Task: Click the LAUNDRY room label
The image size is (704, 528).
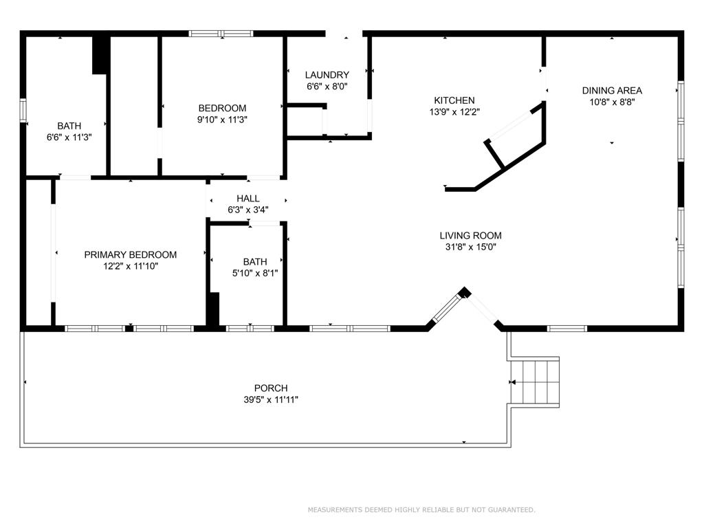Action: (x=327, y=75)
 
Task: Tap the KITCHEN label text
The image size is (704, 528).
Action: (x=454, y=100)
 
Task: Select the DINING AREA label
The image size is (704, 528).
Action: (x=612, y=91)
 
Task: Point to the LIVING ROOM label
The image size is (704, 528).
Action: (x=470, y=236)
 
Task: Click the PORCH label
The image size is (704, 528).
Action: (x=271, y=388)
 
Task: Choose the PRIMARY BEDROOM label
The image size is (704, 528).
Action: (x=131, y=255)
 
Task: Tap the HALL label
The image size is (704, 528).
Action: (x=247, y=199)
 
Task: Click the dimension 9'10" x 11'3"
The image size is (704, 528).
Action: (x=222, y=120)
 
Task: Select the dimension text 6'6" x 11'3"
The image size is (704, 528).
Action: (x=69, y=137)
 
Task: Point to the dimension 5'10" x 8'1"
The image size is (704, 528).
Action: (x=255, y=273)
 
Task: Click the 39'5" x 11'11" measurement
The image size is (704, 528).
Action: (x=271, y=400)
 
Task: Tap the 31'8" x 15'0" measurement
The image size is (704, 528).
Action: (x=470, y=247)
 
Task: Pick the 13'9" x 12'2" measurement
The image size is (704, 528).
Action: (x=454, y=112)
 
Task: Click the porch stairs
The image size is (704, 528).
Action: (x=535, y=382)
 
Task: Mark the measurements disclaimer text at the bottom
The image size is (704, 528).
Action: (x=421, y=509)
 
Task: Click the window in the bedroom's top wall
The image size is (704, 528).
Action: (x=221, y=34)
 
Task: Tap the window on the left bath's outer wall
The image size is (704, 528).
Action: (x=23, y=110)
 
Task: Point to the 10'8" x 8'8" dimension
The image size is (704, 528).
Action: (x=612, y=102)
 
